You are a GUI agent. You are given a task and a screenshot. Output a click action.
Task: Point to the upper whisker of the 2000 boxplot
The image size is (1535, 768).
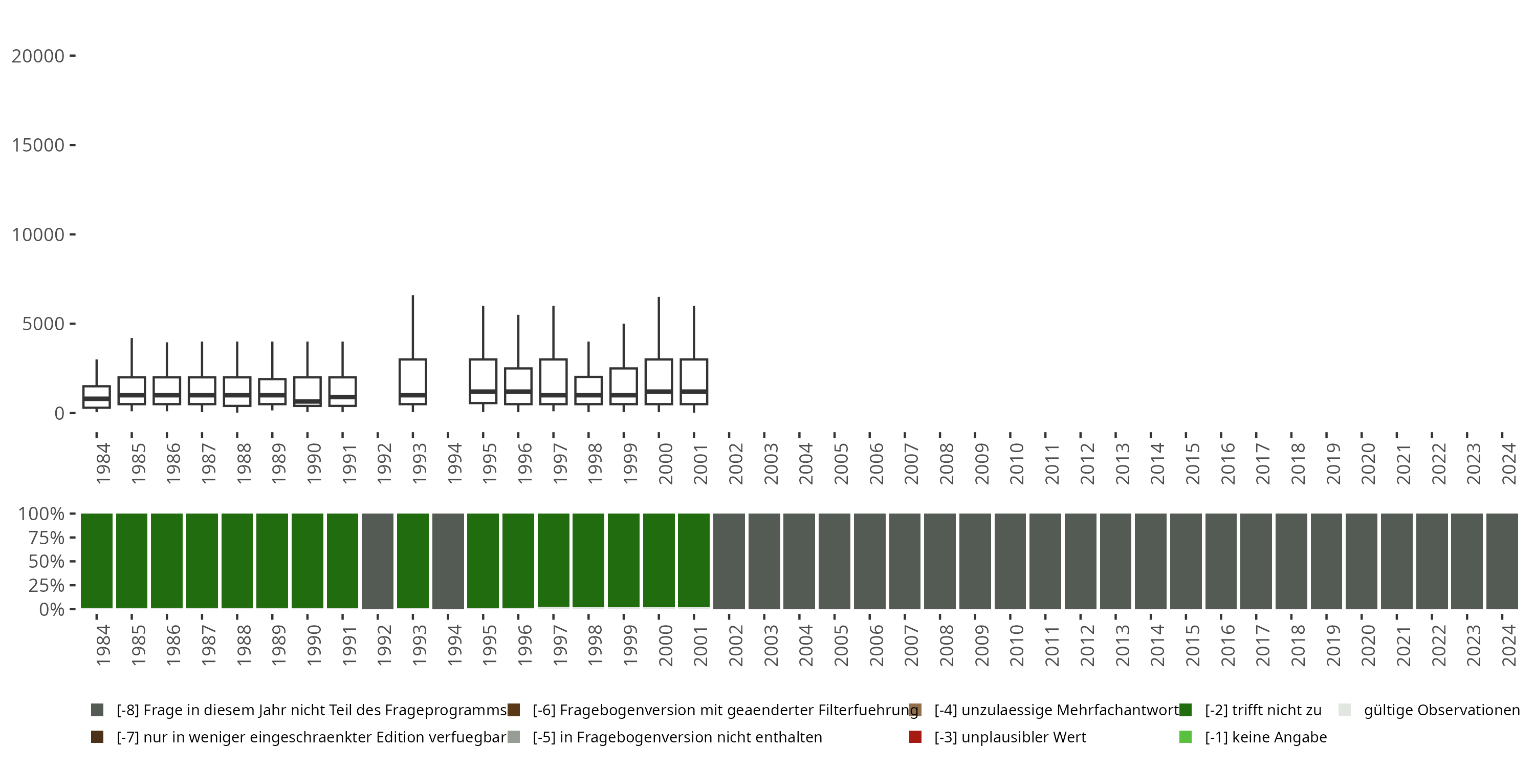tap(659, 328)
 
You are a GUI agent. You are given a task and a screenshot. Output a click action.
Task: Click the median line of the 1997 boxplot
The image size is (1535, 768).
tap(553, 395)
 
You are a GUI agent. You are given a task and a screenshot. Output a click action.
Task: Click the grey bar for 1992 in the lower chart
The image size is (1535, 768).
tap(378, 561)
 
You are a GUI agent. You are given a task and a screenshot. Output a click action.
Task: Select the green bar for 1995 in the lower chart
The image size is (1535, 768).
tap(483, 561)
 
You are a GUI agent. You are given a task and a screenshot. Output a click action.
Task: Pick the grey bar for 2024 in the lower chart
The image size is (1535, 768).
tap(1502, 561)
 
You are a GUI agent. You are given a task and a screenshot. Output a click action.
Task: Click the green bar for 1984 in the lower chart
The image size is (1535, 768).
tap(97, 561)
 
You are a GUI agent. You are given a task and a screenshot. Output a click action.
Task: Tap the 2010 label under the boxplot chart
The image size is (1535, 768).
tap(1017, 464)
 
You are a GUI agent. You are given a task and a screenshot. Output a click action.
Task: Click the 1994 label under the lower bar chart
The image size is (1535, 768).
tap(455, 645)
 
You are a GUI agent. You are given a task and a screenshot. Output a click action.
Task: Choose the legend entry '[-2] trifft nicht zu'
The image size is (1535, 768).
tap(1263, 710)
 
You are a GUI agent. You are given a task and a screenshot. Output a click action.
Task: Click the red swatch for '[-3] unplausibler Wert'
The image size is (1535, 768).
tap(915, 737)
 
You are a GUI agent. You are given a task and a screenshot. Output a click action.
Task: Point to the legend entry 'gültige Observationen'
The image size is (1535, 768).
tap(1441, 710)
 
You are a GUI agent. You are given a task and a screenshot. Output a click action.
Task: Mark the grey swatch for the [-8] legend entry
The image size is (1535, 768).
tap(97, 710)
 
